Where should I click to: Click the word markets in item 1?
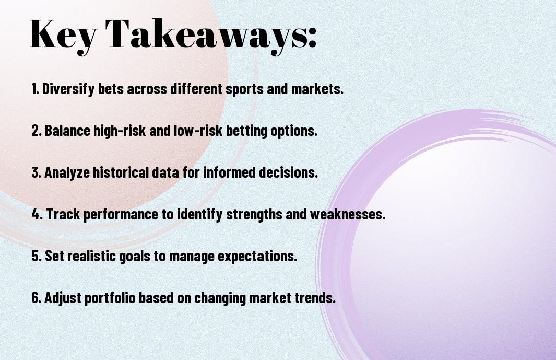point(317,89)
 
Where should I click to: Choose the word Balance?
point(67,131)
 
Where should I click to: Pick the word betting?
point(246,131)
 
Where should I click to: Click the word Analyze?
point(67,172)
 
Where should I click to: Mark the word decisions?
point(288,172)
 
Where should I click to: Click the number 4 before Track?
point(37,214)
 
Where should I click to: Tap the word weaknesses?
point(348,214)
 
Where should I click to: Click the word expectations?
point(257,256)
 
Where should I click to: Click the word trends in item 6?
point(315,297)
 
